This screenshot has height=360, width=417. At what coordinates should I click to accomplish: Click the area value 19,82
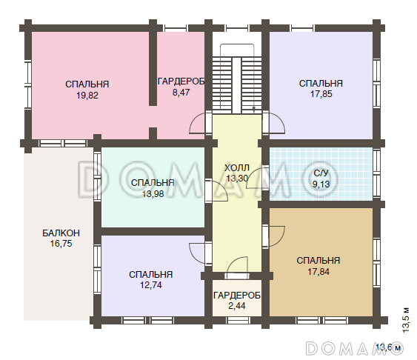87,95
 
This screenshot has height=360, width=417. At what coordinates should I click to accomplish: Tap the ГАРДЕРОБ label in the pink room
181,81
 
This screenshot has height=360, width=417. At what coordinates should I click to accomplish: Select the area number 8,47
181,93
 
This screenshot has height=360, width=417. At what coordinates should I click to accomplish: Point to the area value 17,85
321,94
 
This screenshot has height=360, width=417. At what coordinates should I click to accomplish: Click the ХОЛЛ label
237,167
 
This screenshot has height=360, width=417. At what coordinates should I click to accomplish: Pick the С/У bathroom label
321,173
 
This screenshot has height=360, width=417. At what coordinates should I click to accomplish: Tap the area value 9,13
321,184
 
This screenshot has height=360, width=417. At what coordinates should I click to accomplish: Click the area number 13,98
153,194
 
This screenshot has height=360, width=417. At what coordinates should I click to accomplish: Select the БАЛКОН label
61,233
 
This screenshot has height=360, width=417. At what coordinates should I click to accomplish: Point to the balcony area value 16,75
61,244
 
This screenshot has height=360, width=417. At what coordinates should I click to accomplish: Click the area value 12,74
151,285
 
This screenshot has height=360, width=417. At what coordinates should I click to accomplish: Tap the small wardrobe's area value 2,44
237,306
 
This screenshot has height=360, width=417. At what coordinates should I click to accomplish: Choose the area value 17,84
318,271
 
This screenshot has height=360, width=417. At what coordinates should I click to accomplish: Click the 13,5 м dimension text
406,320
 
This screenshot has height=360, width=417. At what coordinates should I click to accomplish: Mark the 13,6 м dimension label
389,347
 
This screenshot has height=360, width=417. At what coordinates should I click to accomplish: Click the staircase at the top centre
237,80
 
